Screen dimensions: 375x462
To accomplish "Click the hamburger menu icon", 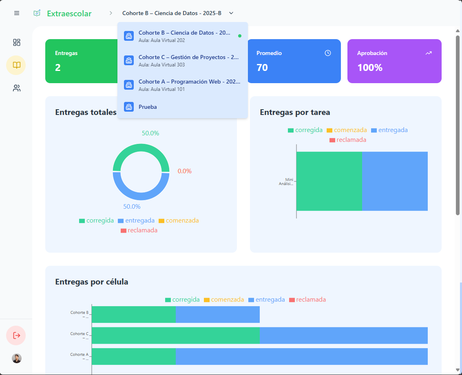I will click(x=17, y=13).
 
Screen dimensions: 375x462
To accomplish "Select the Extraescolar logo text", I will click(x=69, y=13).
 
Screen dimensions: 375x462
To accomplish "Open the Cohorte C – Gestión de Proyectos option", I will click(x=182, y=60).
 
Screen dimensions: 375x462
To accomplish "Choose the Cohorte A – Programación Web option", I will click(x=182, y=85).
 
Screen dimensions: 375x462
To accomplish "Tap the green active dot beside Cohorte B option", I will click(x=240, y=36).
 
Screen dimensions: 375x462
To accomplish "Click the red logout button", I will click(x=16, y=335).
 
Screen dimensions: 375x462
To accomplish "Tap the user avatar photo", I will click(x=16, y=358).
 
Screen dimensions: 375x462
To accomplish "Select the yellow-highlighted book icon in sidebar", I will click(x=16, y=65).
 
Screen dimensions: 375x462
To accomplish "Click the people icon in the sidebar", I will click(x=16, y=88).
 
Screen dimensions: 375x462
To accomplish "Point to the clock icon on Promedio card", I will click(x=328, y=53).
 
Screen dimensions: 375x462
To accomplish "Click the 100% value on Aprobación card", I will click(x=370, y=68).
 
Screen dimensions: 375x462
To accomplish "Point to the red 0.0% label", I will click(x=184, y=171).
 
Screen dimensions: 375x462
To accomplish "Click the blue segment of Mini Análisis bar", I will click(x=394, y=181).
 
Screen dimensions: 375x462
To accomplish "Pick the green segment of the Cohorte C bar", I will click(x=175, y=335).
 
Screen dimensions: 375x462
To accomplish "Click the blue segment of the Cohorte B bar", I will click(x=217, y=314).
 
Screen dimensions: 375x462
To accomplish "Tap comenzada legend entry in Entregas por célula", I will click(x=224, y=300).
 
